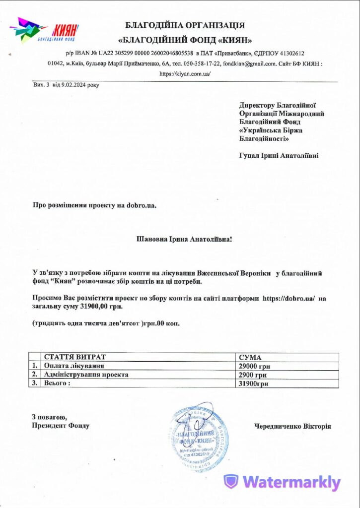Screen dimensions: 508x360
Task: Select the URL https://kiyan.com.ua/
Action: (185, 73)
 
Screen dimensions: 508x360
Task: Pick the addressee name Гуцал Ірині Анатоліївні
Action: (279, 156)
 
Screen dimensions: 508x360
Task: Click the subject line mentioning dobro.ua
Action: (94, 204)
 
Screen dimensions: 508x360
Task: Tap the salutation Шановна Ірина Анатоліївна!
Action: (184, 239)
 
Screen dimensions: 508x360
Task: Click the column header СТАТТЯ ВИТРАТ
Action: (75, 357)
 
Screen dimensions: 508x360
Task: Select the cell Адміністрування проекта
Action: (86, 375)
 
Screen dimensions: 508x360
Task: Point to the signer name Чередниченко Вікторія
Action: (292, 426)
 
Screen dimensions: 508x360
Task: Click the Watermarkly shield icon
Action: (231, 482)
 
